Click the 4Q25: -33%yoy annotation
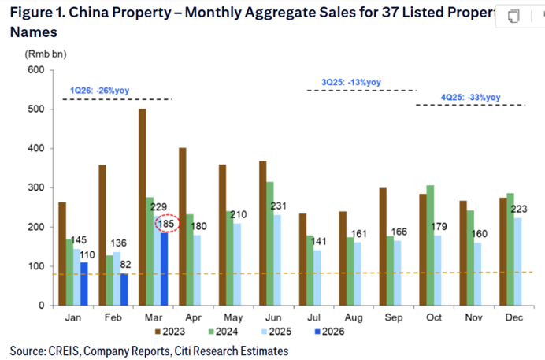tap(470, 97)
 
